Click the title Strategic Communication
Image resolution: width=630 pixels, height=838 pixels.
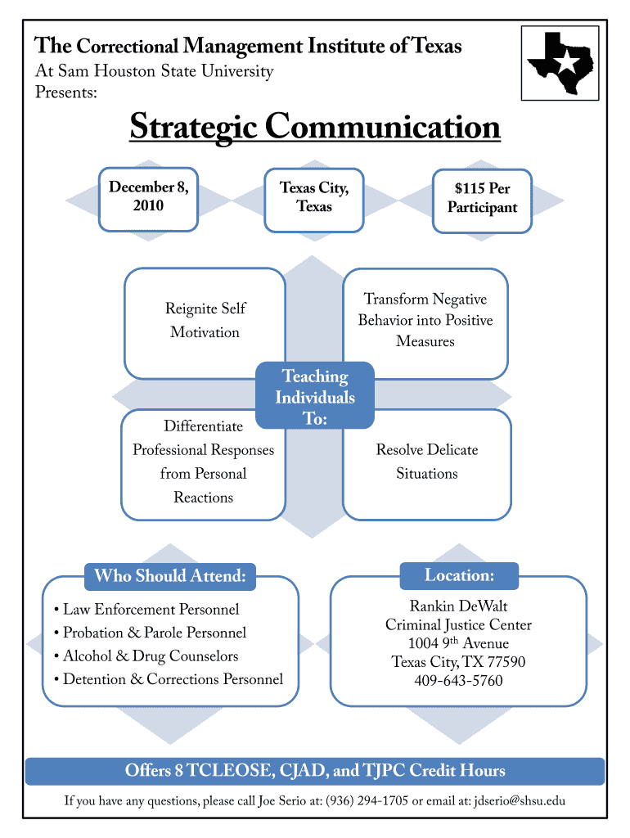tap(314, 128)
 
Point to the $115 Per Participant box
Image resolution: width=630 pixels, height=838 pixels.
tap(482, 199)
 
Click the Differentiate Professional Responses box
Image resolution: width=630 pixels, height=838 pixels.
tap(203, 462)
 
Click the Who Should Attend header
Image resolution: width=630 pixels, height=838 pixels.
tap(170, 576)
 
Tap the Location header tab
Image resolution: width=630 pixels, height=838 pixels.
tap(459, 575)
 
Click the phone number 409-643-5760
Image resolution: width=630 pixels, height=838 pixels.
tap(458, 681)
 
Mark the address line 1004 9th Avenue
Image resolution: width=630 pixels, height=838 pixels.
tap(458, 643)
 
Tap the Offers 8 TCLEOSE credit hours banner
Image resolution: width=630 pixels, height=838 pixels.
tap(315, 771)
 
